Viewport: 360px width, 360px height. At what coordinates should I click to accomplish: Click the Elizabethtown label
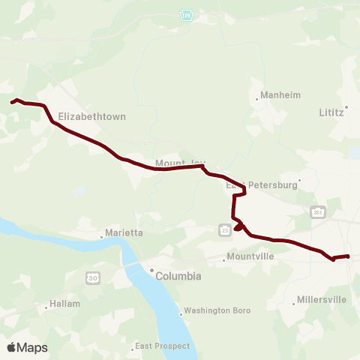point(91,117)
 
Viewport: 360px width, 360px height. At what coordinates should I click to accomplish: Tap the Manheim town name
point(279,96)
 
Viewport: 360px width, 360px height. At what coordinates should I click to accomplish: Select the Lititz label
point(331,112)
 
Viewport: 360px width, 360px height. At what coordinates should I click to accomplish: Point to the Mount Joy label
point(179,163)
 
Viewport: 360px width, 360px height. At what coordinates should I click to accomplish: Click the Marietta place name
point(123,233)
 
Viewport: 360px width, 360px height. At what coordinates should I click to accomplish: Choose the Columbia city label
point(178,276)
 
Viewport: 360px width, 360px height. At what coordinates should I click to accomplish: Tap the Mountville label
point(250,256)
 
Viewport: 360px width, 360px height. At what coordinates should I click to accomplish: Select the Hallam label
point(59,304)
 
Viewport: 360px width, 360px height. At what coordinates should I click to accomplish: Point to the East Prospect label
point(162,346)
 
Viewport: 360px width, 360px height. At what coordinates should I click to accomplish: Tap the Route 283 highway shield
point(318,212)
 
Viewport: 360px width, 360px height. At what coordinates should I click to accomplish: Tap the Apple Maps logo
point(27,347)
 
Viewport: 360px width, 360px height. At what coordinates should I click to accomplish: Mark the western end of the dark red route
point(11,102)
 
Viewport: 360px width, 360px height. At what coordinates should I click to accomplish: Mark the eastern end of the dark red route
point(348,256)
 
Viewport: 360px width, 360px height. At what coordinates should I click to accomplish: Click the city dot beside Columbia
point(151,270)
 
